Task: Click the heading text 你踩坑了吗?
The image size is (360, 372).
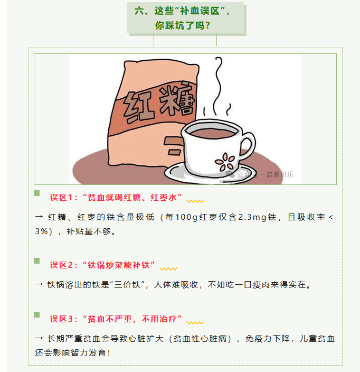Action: coord(183,25)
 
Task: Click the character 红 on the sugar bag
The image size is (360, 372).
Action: coord(137,107)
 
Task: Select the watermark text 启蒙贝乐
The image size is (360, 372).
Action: coord(280,174)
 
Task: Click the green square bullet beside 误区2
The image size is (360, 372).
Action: coord(37,261)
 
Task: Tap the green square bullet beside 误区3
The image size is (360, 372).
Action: coord(37,314)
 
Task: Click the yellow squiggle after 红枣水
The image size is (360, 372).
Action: coord(195,201)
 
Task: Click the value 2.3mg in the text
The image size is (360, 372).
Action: coord(252,217)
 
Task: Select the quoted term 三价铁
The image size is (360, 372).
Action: coord(127,284)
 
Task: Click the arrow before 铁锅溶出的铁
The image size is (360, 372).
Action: coord(39,284)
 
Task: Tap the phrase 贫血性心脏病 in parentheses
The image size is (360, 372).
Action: coord(200,339)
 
